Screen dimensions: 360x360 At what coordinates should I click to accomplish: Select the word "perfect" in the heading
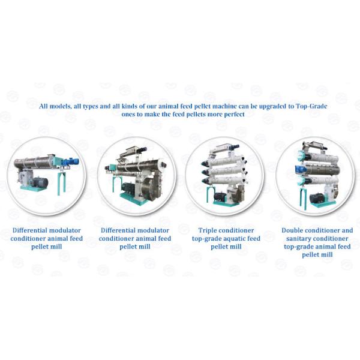tap(234, 115)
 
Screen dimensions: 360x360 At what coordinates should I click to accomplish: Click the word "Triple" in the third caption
tap(206, 230)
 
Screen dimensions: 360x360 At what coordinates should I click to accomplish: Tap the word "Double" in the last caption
tap(292, 230)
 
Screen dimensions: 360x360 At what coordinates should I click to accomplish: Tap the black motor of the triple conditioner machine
tap(220, 196)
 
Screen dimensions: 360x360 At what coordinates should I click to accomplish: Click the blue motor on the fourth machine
tap(301, 169)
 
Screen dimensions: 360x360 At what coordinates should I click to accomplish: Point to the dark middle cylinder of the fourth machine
tap(323, 170)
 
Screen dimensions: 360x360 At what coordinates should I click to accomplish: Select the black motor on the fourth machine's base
tap(317, 198)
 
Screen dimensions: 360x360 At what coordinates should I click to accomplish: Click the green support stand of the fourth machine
tap(303, 198)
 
